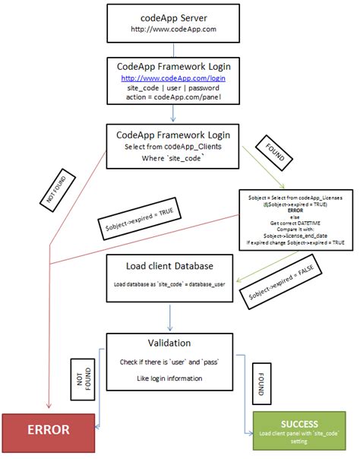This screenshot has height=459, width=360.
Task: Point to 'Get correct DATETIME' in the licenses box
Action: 295,224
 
